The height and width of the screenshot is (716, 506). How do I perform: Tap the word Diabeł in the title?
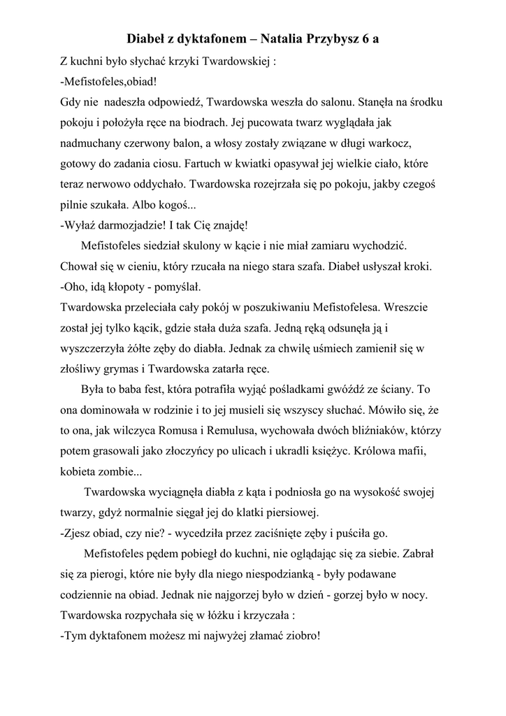pos(148,38)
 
